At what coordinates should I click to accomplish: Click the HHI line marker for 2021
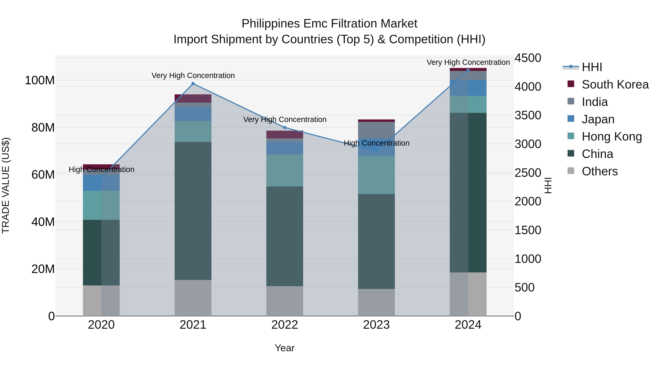pos(193,84)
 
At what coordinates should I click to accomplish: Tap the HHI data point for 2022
pos(284,128)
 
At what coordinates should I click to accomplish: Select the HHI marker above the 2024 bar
pos(468,70)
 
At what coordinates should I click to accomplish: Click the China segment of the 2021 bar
pos(193,211)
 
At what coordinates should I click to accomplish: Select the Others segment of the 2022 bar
pos(284,301)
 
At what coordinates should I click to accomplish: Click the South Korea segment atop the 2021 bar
pos(193,98)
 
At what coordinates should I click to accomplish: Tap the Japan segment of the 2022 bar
pos(284,148)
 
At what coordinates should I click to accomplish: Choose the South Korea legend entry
pos(615,84)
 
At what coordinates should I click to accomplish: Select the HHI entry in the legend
pos(592,67)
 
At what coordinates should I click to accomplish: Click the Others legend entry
pos(599,171)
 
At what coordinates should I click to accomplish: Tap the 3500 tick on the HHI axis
pos(528,115)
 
